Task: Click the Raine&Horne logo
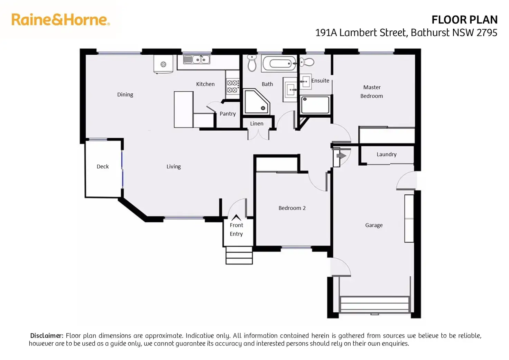coord(61,20)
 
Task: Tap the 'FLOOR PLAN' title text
coord(464,20)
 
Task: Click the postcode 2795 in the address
coord(487,33)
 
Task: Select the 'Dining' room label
coord(125,94)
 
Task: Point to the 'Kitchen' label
coord(205,84)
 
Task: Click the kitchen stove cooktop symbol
coord(232,86)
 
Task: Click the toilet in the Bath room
coord(252,63)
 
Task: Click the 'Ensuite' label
coord(320,81)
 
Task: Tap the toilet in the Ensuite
coord(307,62)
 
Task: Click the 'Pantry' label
coord(228,114)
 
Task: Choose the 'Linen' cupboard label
coord(257,123)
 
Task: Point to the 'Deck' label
coord(103,166)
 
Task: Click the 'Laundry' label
coord(386,154)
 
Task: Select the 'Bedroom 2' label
coord(292,208)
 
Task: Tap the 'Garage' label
coord(374,225)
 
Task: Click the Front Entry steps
coord(239,256)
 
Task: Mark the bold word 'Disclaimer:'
coord(47,335)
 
